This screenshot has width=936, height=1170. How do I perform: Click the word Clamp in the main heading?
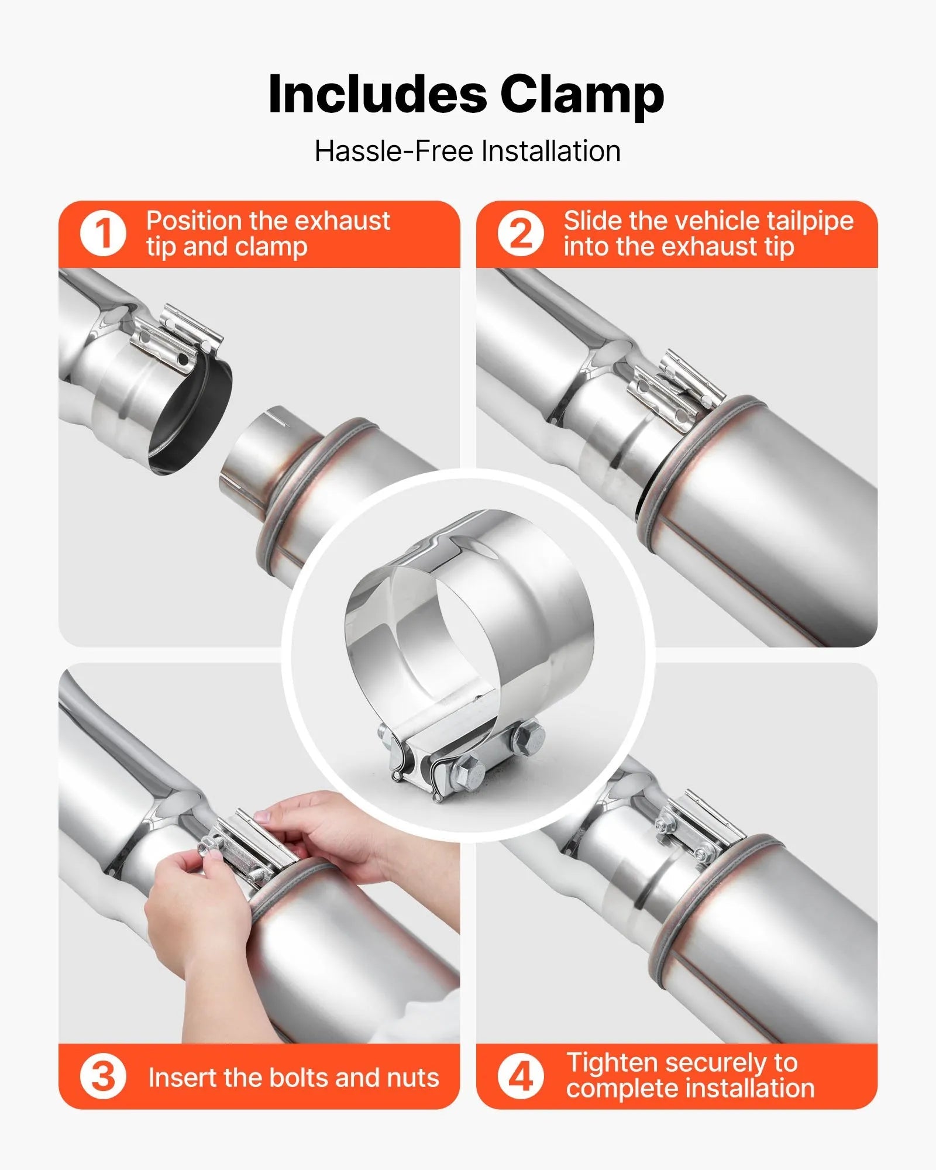point(582,95)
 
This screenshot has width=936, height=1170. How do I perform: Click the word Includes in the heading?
point(377,95)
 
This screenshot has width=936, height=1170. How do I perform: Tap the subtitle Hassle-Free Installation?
point(467,151)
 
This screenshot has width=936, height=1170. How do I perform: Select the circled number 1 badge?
point(103,233)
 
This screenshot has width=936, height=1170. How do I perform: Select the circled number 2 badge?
point(521,233)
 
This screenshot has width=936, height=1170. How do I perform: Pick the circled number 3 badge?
point(103,1077)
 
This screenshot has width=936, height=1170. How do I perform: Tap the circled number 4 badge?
point(521,1077)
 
